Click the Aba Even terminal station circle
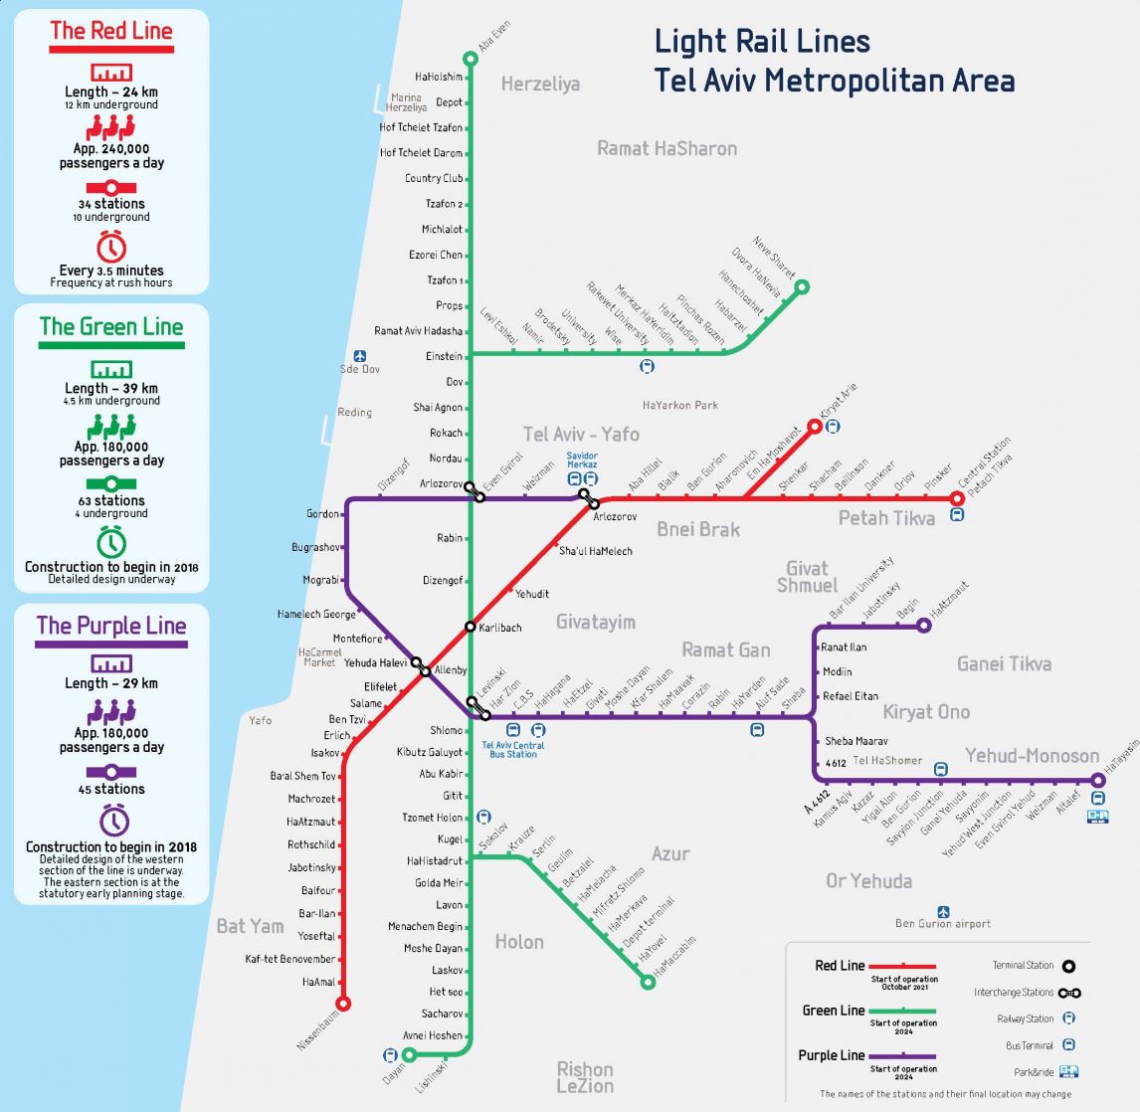(x=471, y=59)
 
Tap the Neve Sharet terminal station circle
(x=802, y=287)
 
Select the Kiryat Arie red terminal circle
(x=815, y=427)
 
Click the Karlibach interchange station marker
(x=471, y=627)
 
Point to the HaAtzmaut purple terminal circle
(x=923, y=626)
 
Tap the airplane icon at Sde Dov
(x=360, y=356)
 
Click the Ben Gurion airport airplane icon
(x=943, y=911)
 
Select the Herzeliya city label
(x=540, y=84)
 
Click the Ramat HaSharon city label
(x=666, y=148)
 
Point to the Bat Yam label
(x=250, y=926)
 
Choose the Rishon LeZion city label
(x=585, y=1077)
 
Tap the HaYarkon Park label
(x=680, y=405)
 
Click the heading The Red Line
(x=111, y=31)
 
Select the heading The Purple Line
(x=111, y=626)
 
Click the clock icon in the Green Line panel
(x=111, y=542)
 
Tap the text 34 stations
(x=111, y=204)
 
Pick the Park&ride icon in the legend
(x=1069, y=1071)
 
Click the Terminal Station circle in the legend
(x=1069, y=965)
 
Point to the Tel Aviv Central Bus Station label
(x=513, y=750)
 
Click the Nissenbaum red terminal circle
(x=343, y=1004)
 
